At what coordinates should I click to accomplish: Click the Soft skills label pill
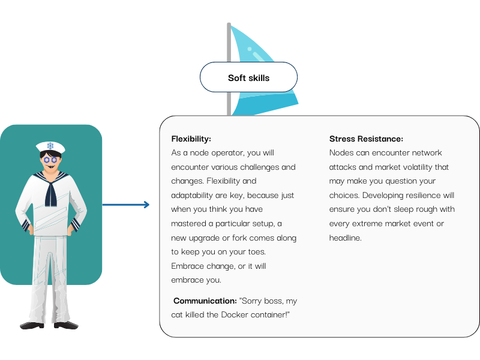tap(248, 77)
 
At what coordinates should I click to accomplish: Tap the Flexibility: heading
tap(191, 139)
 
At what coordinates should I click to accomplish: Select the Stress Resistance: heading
tap(366, 139)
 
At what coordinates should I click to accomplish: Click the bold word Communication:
tap(205, 301)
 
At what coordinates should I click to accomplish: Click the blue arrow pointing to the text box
tap(126, 205)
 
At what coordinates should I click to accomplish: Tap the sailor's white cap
tap(50, 146)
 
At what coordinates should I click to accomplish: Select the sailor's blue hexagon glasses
tap(50, 160)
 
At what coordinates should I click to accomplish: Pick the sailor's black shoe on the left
tap(32, 325)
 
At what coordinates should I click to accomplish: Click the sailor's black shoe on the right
tap(66, 325)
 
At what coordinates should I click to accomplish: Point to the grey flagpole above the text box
tap(229, 69)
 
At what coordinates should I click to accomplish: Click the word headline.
tap(346, 238)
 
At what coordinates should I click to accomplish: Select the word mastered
tap(188, 224)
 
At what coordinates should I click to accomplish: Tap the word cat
tap(177, 315)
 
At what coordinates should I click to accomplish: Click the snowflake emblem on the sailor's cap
tap(50, 145)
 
